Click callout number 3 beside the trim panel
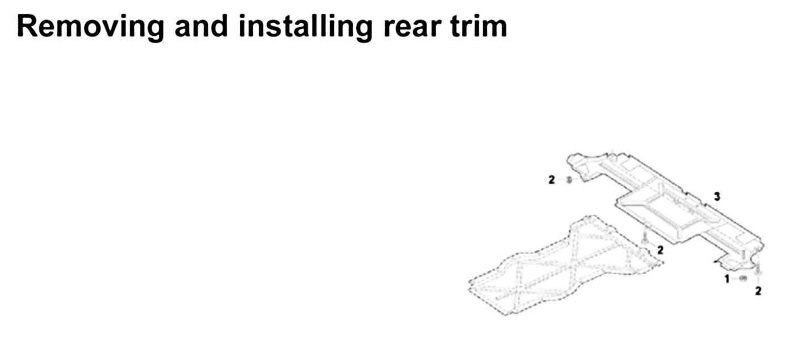pos(717,196)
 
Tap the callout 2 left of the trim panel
pos(552,180)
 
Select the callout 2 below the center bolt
pos(659,250)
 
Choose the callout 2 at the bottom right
pos(758,291)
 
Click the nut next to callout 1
pos(742,278)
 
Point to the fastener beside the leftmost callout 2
pos(569,180)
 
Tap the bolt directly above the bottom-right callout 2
pos(758,271)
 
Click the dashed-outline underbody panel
pos(562,267)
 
